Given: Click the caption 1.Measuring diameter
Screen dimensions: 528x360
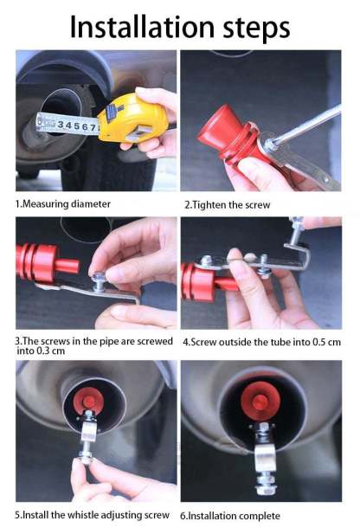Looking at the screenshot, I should pos(63,203).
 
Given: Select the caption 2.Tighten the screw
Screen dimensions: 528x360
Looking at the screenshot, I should pos(228,204).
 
